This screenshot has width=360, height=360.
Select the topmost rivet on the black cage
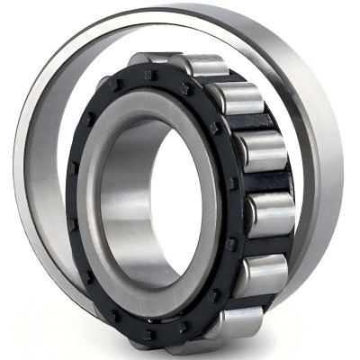pyautogui.click(x=151, y=75)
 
